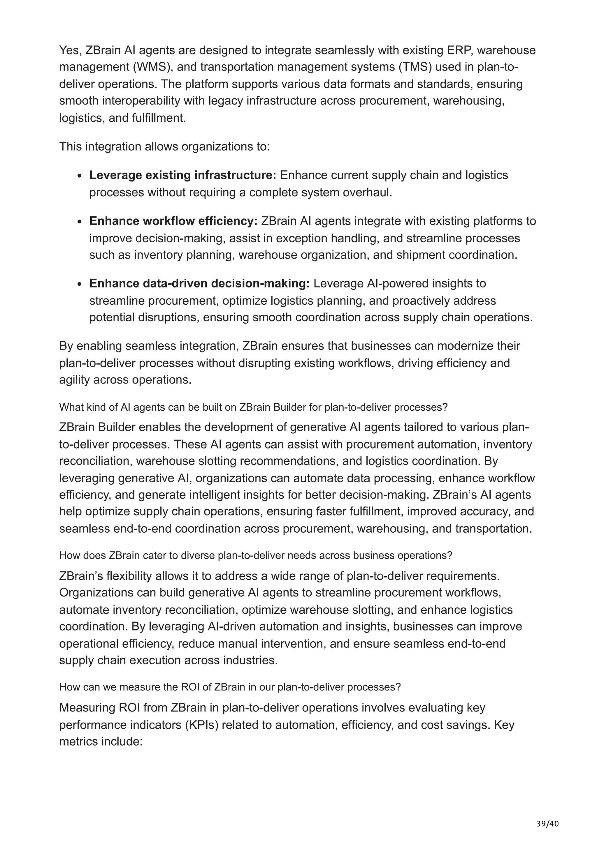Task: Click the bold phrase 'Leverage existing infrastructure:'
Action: tap(182, 175)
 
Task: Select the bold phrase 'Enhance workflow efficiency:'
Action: tap(173, 221)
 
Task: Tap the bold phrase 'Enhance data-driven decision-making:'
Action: tap(199, 284)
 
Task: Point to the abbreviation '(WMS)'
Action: tap(150, 67)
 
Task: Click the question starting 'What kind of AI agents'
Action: tap(253, 407)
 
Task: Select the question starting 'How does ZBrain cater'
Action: tap(255, 555)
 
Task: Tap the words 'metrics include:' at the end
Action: tap(100, 741)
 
